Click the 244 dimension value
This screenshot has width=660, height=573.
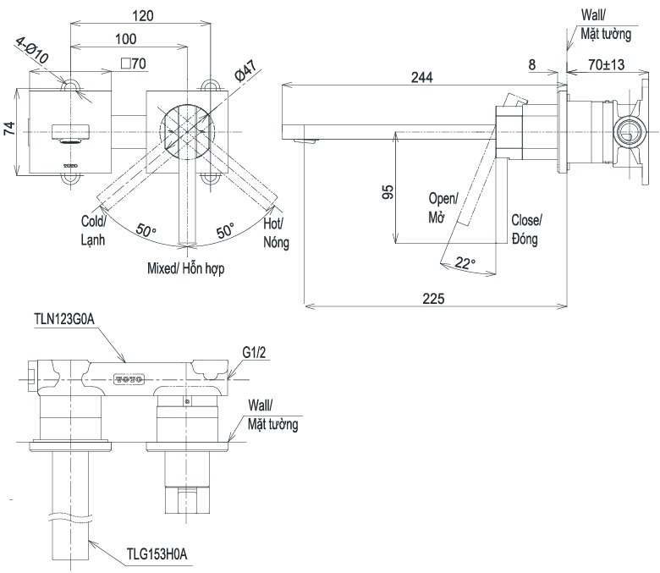coord(421,77)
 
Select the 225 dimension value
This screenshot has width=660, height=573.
coord(433,299)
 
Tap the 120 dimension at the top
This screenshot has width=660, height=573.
coord(143,16)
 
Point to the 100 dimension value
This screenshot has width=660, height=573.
coord(126,39)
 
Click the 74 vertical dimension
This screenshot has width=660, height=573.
coord(9,129)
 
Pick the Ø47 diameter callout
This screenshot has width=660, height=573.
coord(245,70)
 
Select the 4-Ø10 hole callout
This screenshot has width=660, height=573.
coord(32,50)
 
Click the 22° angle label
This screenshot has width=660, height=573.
coord(465,263)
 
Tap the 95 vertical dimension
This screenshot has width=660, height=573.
coord(388,192)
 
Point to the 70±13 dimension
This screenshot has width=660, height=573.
coord(606,64)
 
